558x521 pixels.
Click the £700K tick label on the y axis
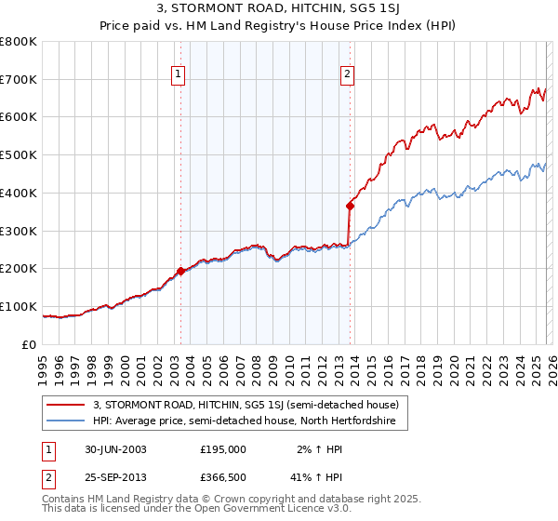click(19, 80)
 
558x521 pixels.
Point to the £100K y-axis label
click(19, 306)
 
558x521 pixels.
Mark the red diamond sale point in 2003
click(180, 271)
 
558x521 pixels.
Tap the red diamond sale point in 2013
click(350, 206)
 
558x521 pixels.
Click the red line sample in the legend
click(65, 405)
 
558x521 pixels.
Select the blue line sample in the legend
click(65, 421)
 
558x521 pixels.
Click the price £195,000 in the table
click(223, 449)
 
